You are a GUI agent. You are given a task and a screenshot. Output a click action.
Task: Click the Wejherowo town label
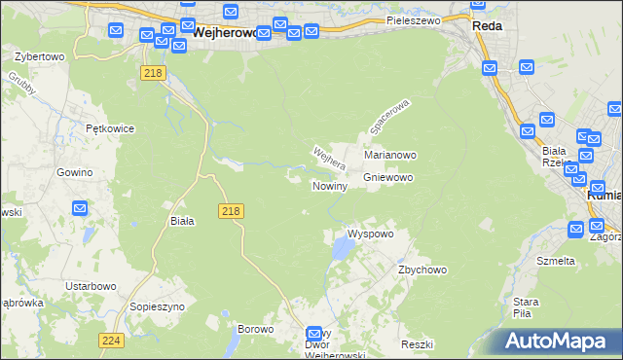coord(225,32)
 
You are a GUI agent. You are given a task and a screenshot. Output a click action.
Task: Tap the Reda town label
coord(487,26)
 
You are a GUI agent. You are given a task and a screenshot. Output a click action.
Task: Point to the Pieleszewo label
coord(414,19)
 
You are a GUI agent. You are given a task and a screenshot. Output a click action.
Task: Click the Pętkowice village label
coord(109,128)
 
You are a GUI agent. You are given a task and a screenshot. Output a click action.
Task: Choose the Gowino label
coord(74,172)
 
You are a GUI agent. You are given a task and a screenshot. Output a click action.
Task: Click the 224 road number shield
coord(111,340)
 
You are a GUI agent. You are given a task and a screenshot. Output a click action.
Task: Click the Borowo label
coord(256,329)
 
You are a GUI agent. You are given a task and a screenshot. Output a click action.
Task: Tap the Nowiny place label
coord(330,186)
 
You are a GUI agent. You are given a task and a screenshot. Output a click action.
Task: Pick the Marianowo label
coord(390,155)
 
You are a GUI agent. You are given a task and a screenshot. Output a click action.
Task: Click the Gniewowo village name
coord(389,178)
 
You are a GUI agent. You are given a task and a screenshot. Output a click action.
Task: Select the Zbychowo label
coord(421,270)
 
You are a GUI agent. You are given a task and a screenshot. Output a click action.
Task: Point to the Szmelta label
coord(556,261)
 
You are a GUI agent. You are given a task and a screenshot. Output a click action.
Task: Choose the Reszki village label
coord(416,345)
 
